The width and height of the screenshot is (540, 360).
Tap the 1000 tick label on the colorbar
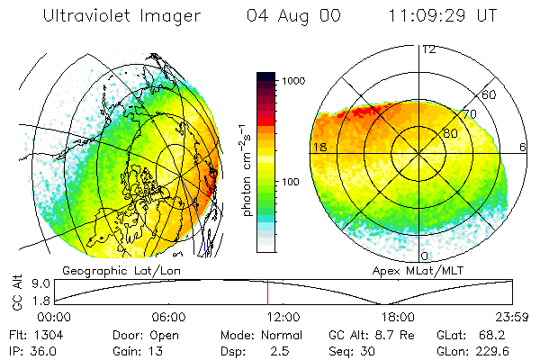tap(296, 81)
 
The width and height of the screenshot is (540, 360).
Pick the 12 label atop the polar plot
tap(428, 49)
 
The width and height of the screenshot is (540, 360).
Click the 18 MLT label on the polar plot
tap(319, 146)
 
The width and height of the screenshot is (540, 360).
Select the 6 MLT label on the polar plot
tap(523, 146)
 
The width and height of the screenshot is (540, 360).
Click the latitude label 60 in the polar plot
tap(490, 94)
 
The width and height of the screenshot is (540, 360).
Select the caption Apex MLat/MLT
tap(425, 270)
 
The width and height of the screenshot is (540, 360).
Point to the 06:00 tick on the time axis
tap(168, 318)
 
